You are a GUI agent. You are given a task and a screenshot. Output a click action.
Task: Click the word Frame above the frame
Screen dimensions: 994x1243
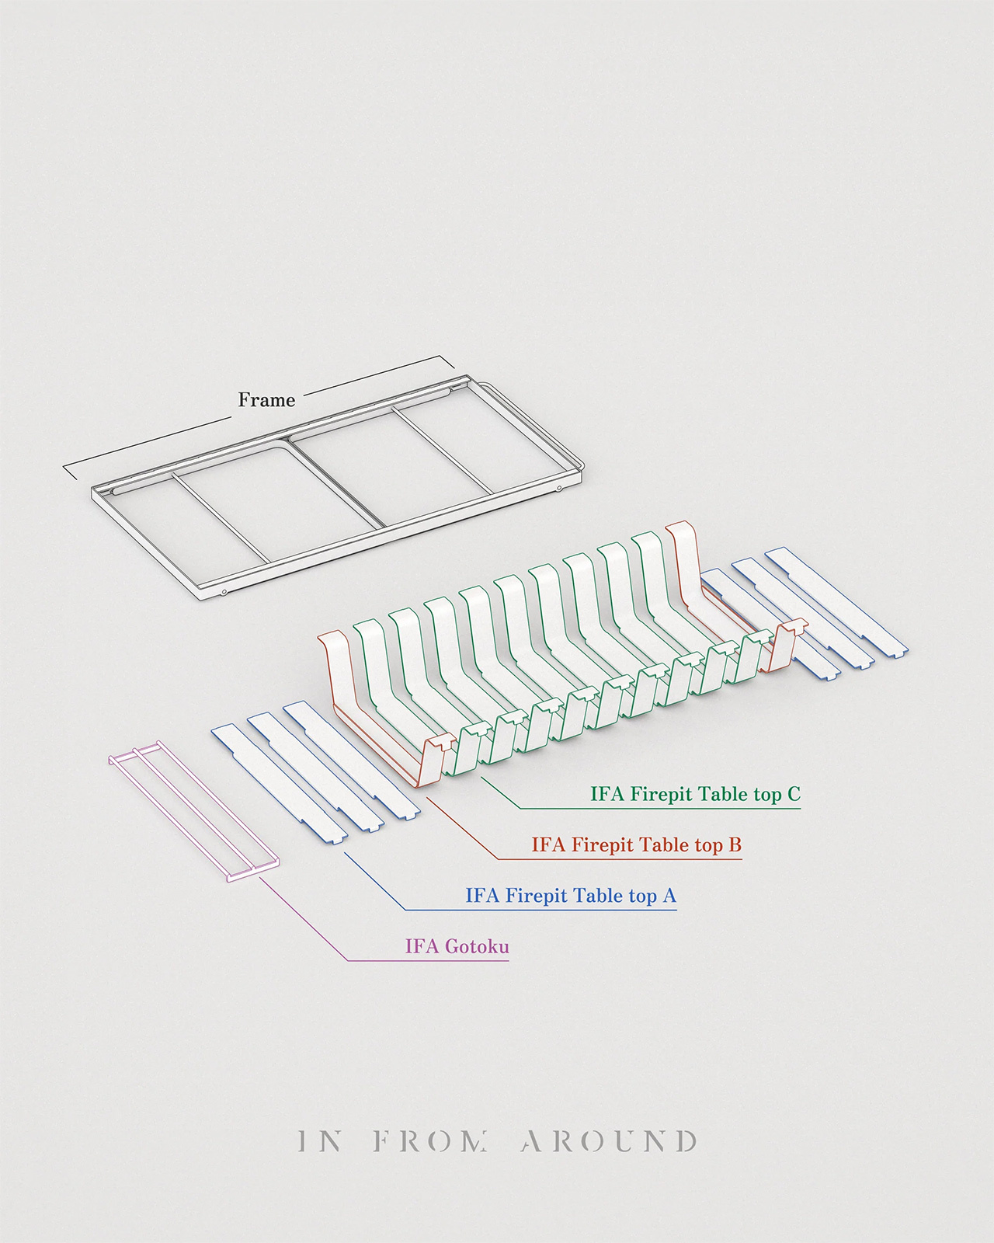tap(266, 400)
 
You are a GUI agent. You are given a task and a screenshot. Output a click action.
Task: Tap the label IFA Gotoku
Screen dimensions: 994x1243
tap(457, 946)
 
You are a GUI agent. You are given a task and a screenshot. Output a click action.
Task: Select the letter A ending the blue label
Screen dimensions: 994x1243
tap(669, 896)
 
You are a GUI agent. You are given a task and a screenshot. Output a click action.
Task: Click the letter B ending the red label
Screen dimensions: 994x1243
tap(735, 844)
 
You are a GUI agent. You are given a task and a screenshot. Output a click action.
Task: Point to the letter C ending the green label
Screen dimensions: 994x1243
tap(793, 794)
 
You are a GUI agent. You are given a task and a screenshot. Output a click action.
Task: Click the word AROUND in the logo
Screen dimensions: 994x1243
tap(609, 1141)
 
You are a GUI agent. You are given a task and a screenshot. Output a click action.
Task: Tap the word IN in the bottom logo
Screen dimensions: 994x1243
tap(320, 1141)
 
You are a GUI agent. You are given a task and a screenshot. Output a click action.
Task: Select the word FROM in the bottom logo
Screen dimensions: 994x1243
tap(431, 1141)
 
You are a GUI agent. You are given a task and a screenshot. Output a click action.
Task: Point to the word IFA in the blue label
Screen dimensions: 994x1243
tap(482, 896)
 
